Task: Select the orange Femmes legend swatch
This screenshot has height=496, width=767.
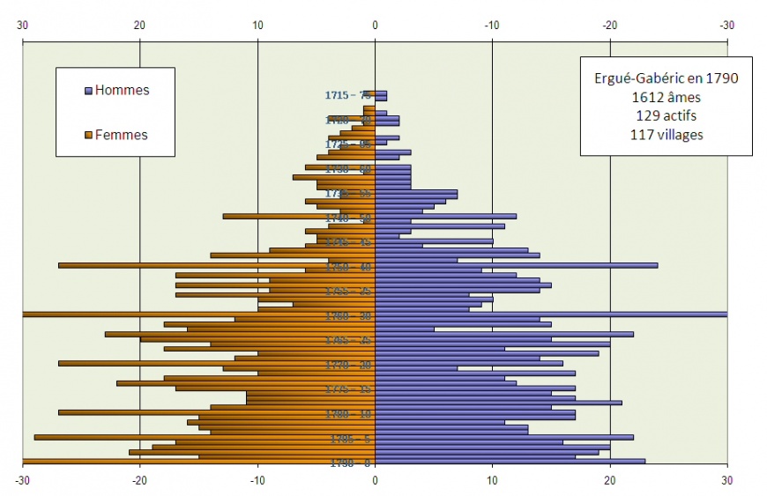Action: (88, 135)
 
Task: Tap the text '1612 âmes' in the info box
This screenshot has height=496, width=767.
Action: (666, 96)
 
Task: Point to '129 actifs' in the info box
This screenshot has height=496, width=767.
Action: (666, 115)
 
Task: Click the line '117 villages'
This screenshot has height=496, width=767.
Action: (666, 134)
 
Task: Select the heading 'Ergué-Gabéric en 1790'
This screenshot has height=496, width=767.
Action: (666, 78)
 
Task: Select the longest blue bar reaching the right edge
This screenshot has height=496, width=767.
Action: (551, 315)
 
